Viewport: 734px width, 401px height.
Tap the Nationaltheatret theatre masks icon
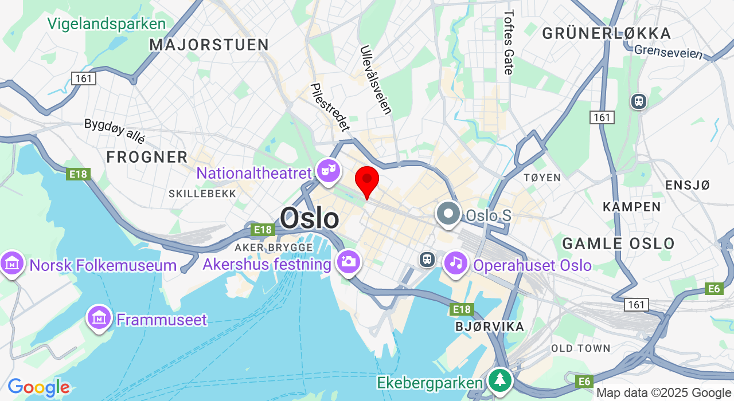328,170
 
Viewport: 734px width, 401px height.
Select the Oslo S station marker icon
448,213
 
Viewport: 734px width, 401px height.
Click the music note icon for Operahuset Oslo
456,263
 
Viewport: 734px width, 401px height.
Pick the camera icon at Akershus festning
349,262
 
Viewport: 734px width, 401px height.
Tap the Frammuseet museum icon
99,317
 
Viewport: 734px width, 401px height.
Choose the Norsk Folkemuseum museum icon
11,263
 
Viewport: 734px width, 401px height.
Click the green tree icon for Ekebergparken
500,379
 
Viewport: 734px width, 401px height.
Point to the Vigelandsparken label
106,24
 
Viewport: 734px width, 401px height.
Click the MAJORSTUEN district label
209,45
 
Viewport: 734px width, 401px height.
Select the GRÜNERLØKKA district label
606,33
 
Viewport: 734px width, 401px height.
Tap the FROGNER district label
147,157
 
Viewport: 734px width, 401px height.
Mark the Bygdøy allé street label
115,131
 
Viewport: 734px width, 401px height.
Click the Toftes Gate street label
508,42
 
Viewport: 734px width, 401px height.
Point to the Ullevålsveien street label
376,80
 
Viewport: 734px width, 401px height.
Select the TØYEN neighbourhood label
542,178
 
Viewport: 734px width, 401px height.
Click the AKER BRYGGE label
274,247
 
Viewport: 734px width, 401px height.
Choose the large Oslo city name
309,218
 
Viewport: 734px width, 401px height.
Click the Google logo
38,388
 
